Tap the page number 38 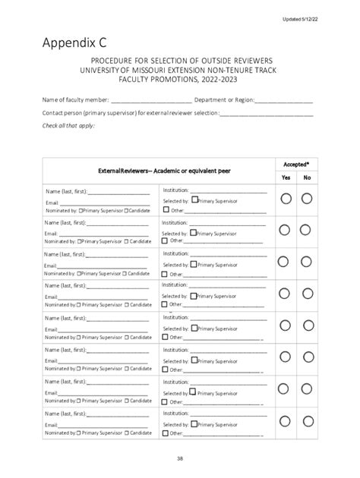(181, 458)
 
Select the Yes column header (286, 178)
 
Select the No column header (307, 178)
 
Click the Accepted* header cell (296, 164)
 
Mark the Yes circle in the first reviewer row (286, 199)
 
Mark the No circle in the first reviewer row (307, 199)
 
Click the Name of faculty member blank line (151, 100)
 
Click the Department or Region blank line (283, 100)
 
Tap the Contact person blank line (266, 113)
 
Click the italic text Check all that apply (68, 125)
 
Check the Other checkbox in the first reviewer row (165, 210)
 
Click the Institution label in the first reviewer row (175, 190)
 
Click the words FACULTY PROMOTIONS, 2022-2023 (180, 79)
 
